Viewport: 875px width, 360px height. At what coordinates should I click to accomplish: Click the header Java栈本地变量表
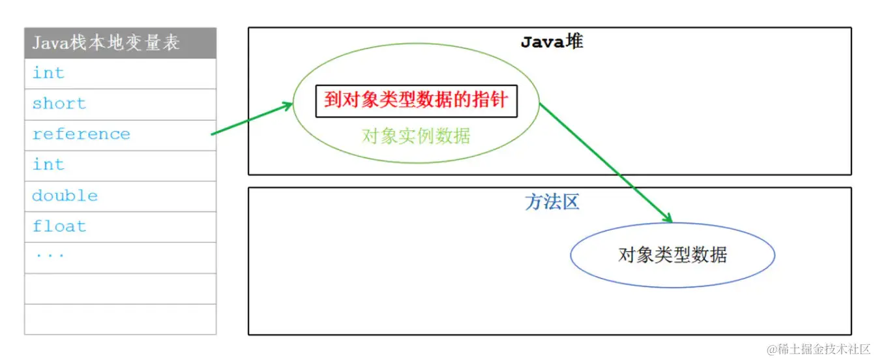106,43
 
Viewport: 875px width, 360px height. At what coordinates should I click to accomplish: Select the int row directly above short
49,73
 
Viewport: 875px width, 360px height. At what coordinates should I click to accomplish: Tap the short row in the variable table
59,104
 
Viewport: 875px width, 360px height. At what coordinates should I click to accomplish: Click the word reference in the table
81,134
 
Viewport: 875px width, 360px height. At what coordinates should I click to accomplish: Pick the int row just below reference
49,165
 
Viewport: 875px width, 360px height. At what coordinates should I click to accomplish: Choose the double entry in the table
65,196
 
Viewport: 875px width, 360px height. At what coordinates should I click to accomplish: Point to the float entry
59,226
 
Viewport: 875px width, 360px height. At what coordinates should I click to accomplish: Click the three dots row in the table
50,256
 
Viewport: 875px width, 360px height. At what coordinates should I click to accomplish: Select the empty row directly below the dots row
120,288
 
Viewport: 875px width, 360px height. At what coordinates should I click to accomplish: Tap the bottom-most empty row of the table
120,319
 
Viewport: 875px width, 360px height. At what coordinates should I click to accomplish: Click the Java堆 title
552,42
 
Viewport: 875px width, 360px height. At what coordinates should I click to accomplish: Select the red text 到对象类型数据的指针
416,101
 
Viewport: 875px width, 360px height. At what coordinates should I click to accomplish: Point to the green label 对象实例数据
416,136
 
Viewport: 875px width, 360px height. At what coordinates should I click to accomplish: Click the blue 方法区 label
552,202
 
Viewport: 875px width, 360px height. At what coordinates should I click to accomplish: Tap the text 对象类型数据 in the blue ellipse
672,254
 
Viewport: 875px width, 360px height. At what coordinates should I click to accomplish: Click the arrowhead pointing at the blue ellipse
667,218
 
